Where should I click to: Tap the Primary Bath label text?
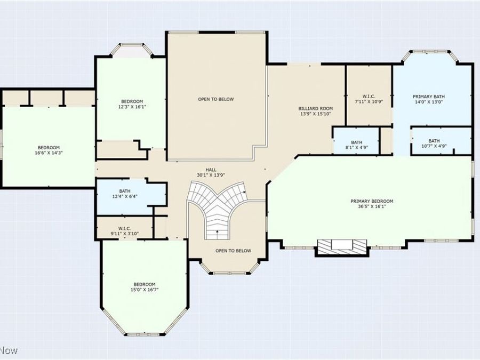tap(428, 99)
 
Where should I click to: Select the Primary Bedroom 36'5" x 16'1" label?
tap(372, 204)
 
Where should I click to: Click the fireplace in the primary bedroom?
tap(342, 246)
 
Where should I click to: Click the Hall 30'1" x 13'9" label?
tap(211, 172)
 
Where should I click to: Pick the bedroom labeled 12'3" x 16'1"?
tap(132, 104)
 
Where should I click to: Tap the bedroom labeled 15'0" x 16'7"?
tap(145, 286)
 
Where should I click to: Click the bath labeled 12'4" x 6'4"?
tap(125, 194)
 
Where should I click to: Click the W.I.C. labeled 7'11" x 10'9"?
tap(369, 99)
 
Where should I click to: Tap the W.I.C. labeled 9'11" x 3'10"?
tap(124, 231)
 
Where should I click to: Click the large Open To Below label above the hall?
tap(216, 99)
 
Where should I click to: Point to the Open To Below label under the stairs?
tap(233, 251)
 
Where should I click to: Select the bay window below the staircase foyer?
tap(229, 270)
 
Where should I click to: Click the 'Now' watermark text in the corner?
tap(9, 350)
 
